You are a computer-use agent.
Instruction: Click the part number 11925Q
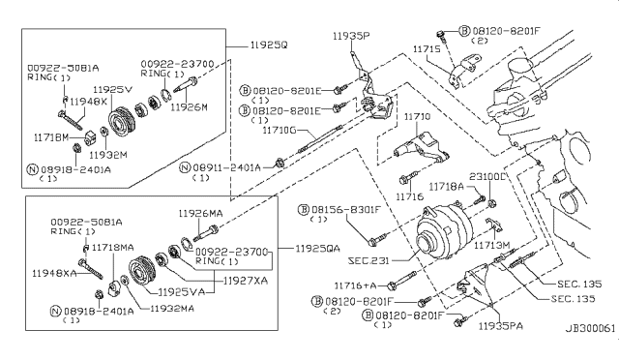(252, 44)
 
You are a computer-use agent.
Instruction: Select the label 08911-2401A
(226, 167)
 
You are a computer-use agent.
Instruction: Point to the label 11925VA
(179, 290)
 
